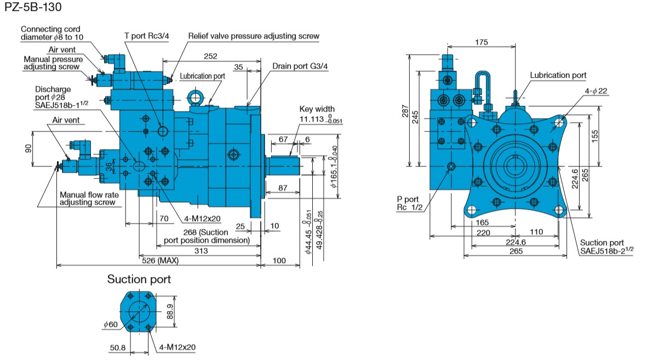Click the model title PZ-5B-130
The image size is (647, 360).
coord(33,7)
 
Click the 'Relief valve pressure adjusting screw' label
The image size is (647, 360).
coord(253,36)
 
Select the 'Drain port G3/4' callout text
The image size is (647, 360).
coord(300,66)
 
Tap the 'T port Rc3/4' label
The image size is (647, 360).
coord(147,36)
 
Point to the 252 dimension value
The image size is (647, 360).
coord(210,56)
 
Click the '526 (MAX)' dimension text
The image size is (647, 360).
coord(160,260)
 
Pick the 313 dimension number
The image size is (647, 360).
coord(201,250)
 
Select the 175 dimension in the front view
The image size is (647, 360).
coord(481,42)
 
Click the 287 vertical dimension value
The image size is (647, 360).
coord(405,111)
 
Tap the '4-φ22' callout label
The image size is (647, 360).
coord(596,91)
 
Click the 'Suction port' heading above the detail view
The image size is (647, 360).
coord(139,279)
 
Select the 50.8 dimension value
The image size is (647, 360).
coord(118,347)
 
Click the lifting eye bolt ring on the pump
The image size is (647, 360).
coord(195,98)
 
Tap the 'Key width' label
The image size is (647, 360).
coord(317,109)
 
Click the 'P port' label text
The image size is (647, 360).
coord(408,199)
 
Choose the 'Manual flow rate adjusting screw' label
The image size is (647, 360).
coord(89,198)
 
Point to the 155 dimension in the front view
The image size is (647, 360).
coord(594,136)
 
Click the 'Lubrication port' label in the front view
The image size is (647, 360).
coord(558,75)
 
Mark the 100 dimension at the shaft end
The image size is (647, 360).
coord(279,260)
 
